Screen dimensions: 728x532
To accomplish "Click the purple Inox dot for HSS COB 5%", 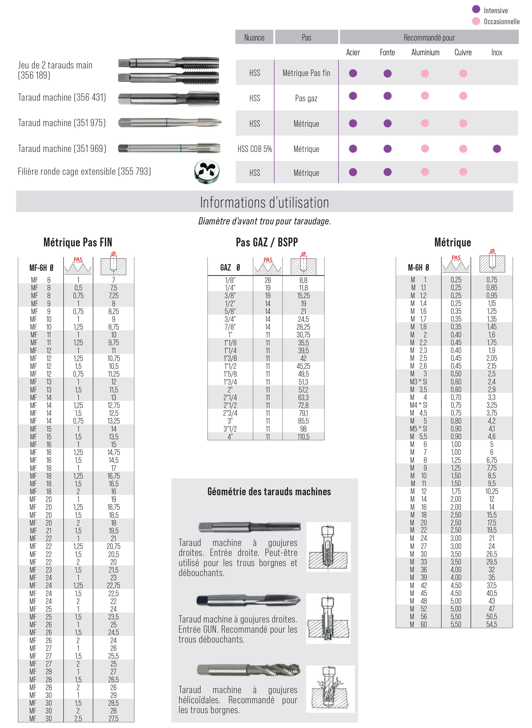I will click(497, 149).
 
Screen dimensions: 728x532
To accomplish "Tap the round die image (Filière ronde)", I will click(207, 172).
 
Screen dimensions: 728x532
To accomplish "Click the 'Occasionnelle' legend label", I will click(501, 21).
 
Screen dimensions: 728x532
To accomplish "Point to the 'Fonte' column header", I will click(387, 53).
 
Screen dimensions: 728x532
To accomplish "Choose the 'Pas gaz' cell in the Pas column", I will click(306, 98).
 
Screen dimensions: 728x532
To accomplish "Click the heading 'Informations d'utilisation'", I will click(264, 202).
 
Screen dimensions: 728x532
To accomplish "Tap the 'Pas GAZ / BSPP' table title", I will click(267, 242).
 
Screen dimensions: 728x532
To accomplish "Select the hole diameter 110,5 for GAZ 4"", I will click(303, 436).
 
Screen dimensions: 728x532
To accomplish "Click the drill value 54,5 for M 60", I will click(492, 624).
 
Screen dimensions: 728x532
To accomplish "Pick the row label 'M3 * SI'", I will click(418, 382).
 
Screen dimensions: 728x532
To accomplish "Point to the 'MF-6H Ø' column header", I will click(41, 268).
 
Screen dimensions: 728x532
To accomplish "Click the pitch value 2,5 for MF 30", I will click(78, 718).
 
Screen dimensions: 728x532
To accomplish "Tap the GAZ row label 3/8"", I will click(230, 296).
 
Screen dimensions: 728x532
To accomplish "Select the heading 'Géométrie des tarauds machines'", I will click(269, 492).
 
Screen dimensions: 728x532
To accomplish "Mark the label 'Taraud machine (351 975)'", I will click(62, 123).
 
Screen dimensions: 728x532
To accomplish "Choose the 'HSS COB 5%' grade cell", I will click(255, 149).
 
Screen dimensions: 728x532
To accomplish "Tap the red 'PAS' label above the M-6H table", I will click(456, 258).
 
